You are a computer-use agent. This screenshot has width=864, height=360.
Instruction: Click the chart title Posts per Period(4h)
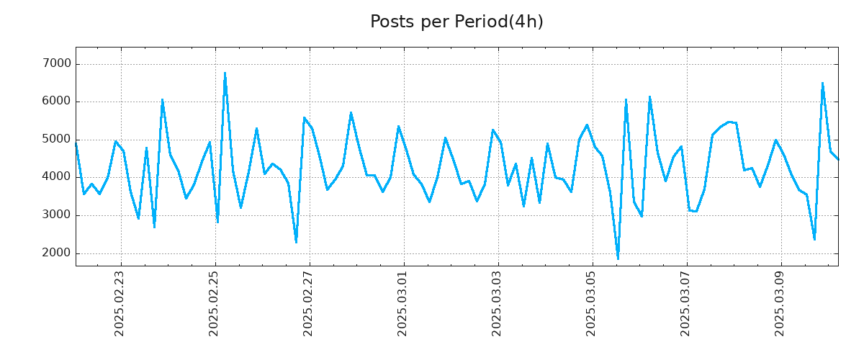click(456, 22)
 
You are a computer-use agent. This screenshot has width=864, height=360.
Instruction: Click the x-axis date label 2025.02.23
click(120, 303)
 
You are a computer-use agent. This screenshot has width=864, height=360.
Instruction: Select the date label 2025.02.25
click(215, 303)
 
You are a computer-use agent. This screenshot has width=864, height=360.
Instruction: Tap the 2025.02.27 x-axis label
click(309, 303)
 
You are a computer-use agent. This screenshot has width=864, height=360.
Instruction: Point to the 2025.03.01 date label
click(403, 303)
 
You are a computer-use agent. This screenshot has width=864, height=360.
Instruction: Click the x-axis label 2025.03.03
click(498, 303)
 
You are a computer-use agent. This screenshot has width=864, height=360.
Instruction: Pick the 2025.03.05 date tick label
click(592, 303)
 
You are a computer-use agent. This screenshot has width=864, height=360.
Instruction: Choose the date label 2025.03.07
click(686, 303)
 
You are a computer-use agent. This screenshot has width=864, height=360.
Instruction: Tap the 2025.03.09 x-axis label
click(780, 303)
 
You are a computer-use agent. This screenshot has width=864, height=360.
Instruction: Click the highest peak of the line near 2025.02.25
click(225, 73)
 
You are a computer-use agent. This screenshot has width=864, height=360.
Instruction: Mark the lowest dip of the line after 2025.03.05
click(618, 258)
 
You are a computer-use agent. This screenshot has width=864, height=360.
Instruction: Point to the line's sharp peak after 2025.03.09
click(822, 83)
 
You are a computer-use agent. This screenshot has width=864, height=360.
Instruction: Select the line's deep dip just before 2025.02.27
click(296, 242)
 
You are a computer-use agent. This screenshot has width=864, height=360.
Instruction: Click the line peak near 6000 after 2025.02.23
click(162, 99)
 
